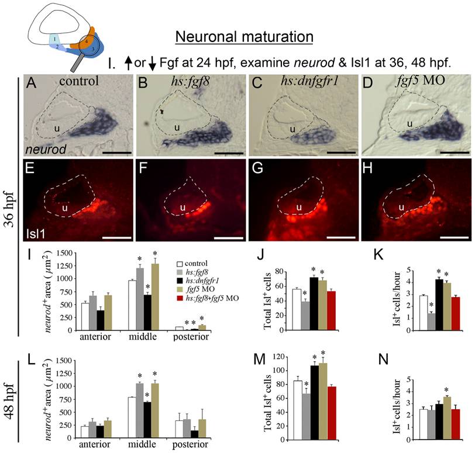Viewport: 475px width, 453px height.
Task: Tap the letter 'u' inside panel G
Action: [299, 208]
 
